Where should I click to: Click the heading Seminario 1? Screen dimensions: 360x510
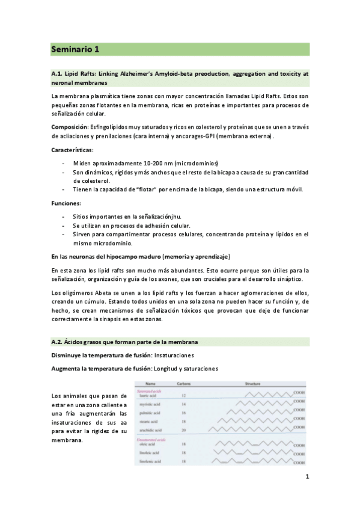coord(75,49)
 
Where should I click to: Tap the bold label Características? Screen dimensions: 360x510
coord(72,150)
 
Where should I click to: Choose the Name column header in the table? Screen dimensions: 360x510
coord(150,383)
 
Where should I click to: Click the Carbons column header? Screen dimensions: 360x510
coord(185,383)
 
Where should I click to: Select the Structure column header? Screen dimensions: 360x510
coord(251,383)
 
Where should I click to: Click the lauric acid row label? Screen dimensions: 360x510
coord(148,396)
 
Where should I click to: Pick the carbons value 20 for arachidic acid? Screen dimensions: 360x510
coord(183,431)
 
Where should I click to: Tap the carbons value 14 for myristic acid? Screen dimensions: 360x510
coord(183,405)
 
